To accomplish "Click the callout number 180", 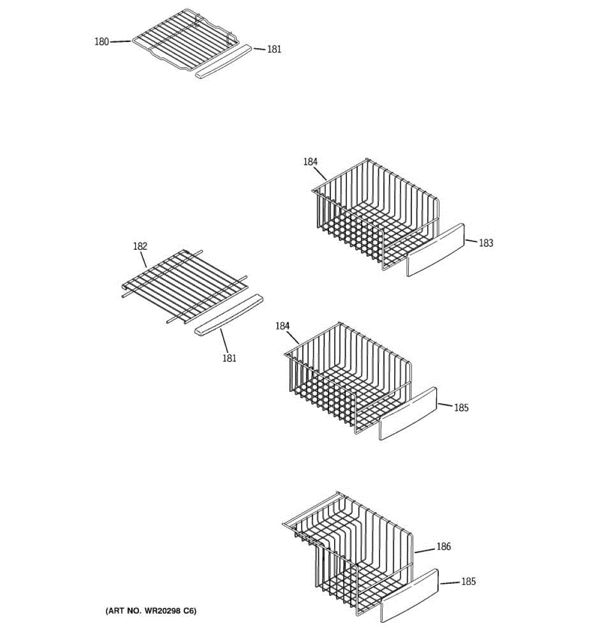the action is tap(102, 42).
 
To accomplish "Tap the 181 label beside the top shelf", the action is tap(274, 49).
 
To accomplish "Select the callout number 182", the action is tap(140, 246).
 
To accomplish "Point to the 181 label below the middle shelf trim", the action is tap(229, 359).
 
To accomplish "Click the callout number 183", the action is tap(486, 243).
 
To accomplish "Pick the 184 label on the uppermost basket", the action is tap(310, 162).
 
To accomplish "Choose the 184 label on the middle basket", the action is tap(283, 327).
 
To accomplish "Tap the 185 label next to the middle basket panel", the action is tap(461, 408).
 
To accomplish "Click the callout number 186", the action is tap(444, 547).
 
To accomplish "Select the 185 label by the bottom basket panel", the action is tap(468, 582).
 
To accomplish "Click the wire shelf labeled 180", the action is tap(184, 39).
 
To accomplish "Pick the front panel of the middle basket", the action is tap(408, 413).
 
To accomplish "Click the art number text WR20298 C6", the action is tap(151, 611).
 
